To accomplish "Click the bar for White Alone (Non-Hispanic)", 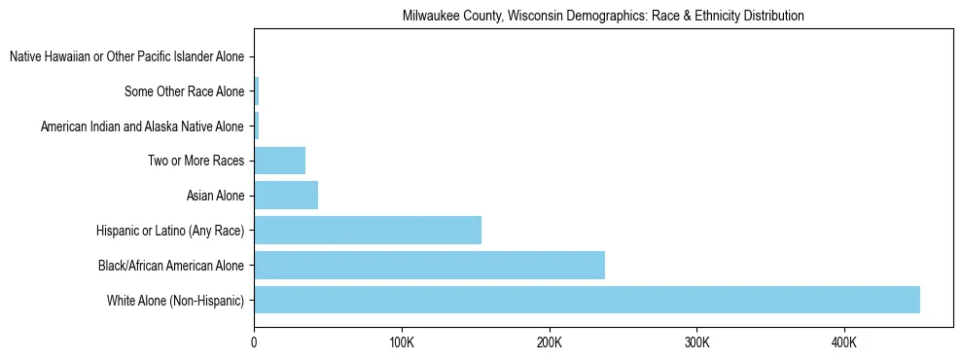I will tap(587, 300).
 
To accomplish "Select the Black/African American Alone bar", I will tap(429, 265).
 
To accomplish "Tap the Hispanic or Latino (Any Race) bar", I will tap(368, 230).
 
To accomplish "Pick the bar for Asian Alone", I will tap(286, 196).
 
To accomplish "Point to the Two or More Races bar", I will tap(280, 161).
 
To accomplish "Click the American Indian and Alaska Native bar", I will tap(257, 126).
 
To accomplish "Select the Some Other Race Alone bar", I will tap(257, 91).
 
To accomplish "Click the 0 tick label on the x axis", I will tap(254, 342).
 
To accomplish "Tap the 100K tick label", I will tap(401, 342).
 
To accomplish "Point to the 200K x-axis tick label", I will tap(549, 342).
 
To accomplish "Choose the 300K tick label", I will tap(696, 342).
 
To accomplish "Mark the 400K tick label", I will tap(843, 342).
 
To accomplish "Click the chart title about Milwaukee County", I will tap(603, 17).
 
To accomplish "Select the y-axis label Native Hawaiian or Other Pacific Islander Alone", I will tap(126, 57).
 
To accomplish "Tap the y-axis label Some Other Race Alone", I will tap(185, 92).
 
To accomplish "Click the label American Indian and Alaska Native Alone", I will tap(142, 126).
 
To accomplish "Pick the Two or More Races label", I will tap(196, 162).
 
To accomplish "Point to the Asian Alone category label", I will tap(215, 196).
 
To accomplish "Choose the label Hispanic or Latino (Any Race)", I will tap(170, 231).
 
